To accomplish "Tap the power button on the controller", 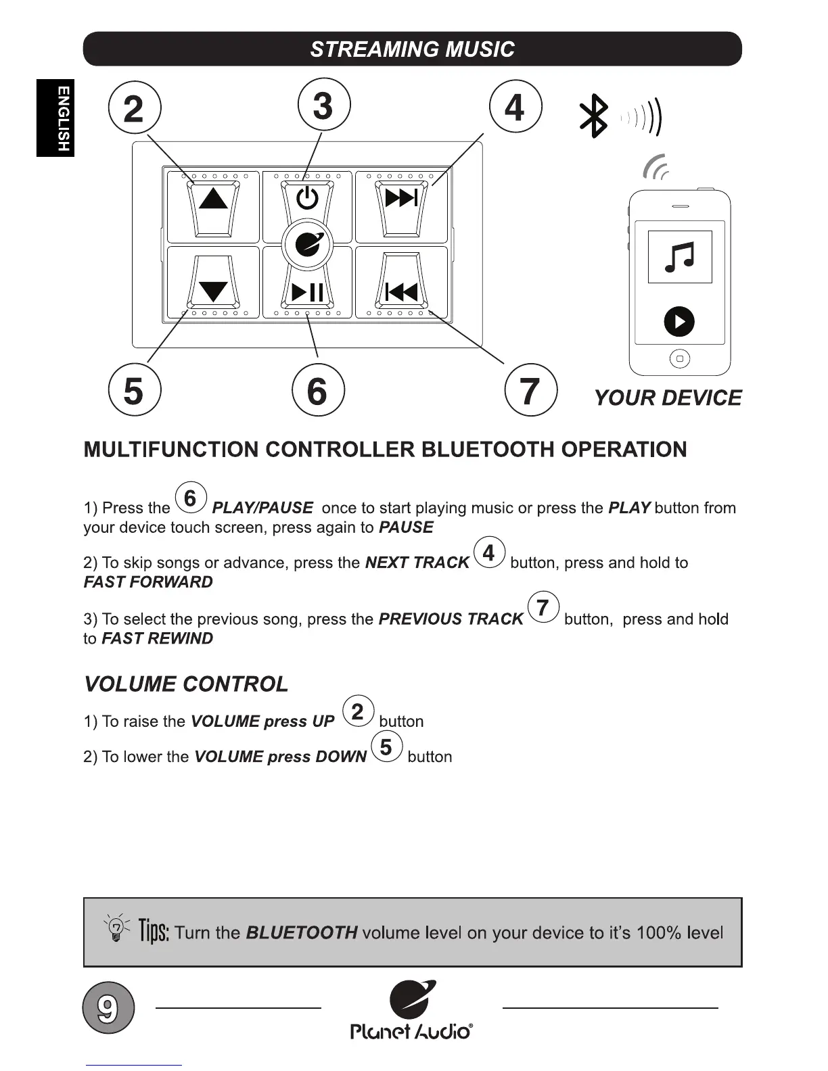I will tap(307, 198).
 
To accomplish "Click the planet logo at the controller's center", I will tap(307, 245).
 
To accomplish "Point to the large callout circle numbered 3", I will tap(324, 105).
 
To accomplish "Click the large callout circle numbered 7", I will tap(531, 390).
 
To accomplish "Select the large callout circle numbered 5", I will tap(134, 390).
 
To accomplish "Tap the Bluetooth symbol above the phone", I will tap(594, 116).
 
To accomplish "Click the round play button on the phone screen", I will tap(679, 321).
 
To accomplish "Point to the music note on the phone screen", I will tap(680, 257).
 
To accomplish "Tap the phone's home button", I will tap(679, 358).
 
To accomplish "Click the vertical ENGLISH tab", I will tap(55, 118).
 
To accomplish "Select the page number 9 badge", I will tap(108, 1007).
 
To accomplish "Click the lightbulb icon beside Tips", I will tap(116, 929).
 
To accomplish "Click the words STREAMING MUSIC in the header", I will tap(412, 49).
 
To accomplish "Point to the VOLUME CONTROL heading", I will tap(186, 684).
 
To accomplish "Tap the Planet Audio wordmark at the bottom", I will tap(411, 1031).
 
